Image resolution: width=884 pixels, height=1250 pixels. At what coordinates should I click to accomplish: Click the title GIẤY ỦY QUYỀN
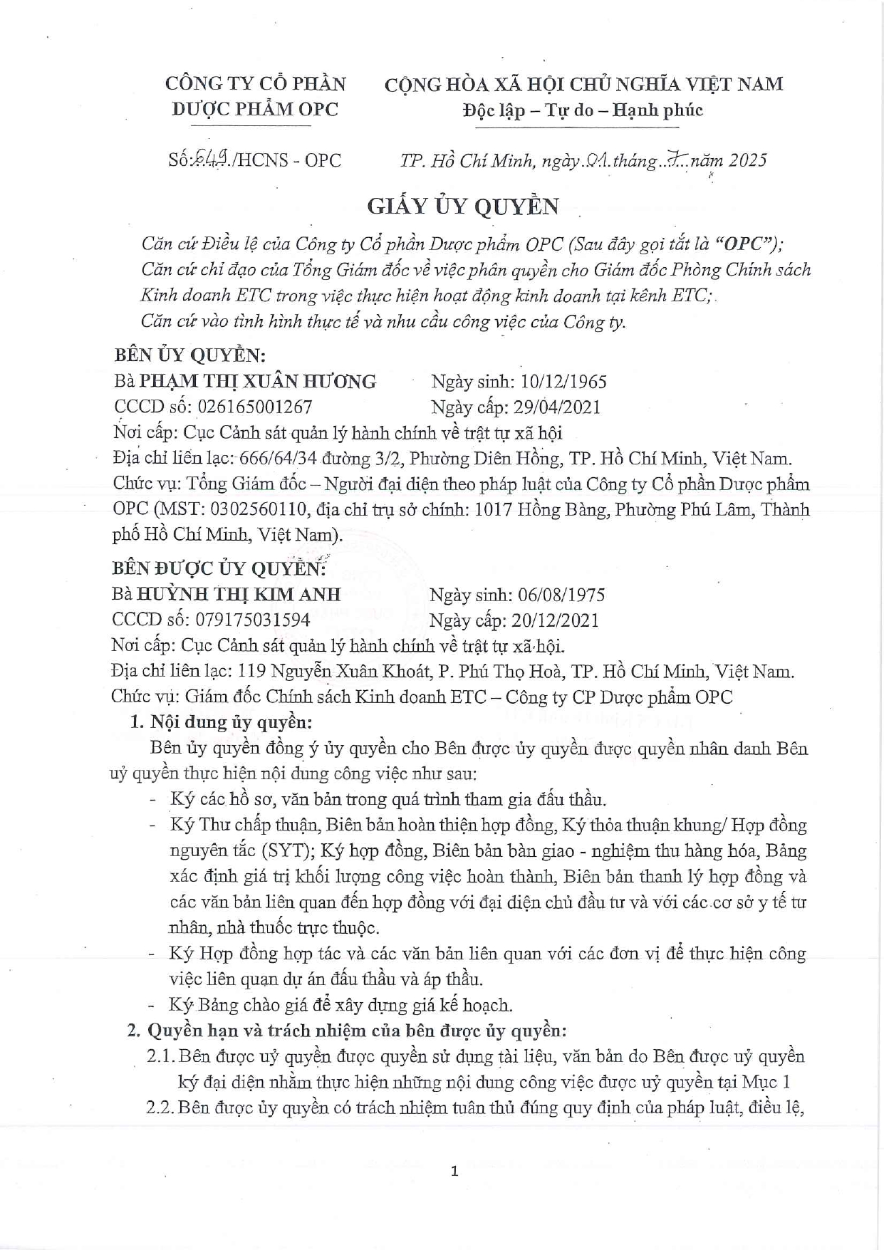(462, 206)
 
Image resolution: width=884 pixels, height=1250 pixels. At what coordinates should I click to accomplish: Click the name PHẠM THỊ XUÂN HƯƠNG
(257, 382)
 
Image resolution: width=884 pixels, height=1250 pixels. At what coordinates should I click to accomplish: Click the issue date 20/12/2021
(555, 620)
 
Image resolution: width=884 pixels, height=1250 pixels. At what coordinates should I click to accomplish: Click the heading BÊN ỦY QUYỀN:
(189, 355)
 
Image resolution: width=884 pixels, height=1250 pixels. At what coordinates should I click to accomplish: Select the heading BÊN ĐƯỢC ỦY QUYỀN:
(219, 568)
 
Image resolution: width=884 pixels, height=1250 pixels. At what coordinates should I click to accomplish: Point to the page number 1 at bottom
(454, 1172)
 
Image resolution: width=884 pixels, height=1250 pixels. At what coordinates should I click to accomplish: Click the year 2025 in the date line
(747, 160)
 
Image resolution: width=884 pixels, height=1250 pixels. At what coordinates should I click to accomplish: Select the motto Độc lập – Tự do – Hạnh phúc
(582, 110)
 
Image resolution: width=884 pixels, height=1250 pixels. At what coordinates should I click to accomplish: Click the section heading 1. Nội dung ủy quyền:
(222, 722)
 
